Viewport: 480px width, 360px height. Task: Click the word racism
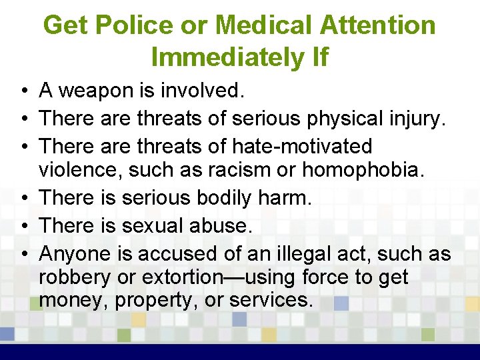(237, 170)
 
